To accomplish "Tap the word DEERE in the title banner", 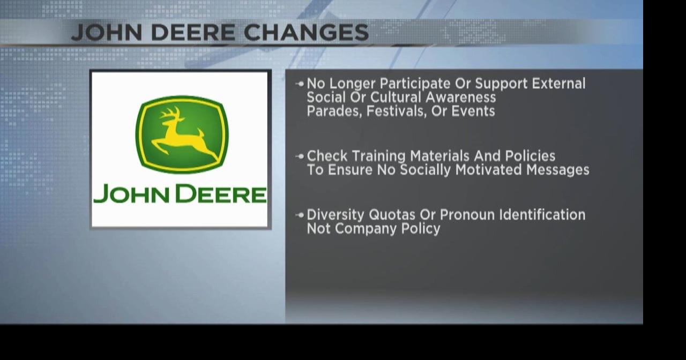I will click(192, 32).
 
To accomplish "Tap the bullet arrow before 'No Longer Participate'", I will click(300, 84).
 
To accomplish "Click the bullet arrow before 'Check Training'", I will click(300, 156).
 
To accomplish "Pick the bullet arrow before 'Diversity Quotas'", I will click(300, 215).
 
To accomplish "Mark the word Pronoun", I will click(467, 215).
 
